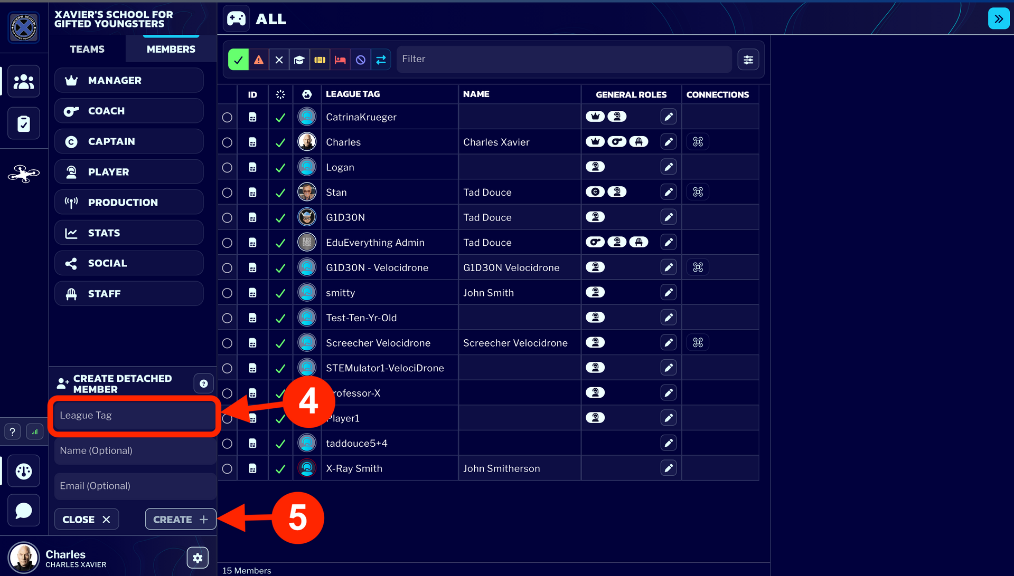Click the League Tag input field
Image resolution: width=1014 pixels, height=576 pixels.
134,416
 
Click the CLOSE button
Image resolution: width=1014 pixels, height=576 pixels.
87,520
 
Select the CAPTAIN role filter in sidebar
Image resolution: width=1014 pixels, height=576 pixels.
129,141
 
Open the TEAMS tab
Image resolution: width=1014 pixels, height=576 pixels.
87,49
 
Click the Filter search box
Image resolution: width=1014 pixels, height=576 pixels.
564,59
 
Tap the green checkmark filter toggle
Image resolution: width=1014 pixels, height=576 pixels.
238,60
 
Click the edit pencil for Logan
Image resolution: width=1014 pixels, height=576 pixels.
668,167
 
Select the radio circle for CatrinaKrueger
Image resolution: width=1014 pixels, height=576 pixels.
227,117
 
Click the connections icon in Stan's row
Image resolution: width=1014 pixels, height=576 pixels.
698,192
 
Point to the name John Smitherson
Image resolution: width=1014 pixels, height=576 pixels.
501,468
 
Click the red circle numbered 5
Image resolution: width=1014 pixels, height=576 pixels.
297,517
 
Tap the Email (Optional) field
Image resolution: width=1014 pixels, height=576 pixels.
134,486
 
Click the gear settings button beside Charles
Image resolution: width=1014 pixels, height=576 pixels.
198,558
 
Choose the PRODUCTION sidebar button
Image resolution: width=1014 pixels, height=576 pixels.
129,202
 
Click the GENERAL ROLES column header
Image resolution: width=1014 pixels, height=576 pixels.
631,94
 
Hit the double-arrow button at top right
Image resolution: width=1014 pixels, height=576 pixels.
998,19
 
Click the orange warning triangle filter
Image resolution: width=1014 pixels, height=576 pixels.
259,60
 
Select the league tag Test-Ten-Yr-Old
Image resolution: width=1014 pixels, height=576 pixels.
361,318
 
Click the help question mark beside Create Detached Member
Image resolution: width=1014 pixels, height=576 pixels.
203,383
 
